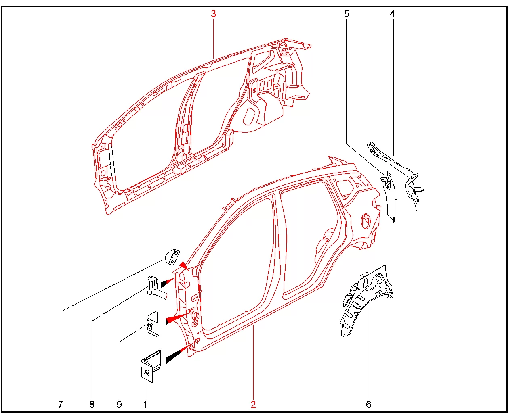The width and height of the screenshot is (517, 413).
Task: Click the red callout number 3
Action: [214, 14]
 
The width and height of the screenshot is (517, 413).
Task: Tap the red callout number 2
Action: [253, 405]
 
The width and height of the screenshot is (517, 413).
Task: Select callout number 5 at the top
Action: [347, 14]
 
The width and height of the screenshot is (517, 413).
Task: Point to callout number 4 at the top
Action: [392, 14]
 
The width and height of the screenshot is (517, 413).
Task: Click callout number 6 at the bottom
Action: [368, 405]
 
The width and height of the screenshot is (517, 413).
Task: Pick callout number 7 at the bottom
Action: [61, 405]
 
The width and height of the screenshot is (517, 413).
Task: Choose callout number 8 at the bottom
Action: [92, 405]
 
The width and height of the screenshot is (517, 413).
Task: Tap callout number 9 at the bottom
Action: [119, 405]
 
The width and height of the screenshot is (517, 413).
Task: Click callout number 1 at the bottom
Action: [145, 405]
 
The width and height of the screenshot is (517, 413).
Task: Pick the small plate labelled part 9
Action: [152, 324]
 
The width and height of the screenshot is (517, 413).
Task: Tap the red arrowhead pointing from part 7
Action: [185, 266]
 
